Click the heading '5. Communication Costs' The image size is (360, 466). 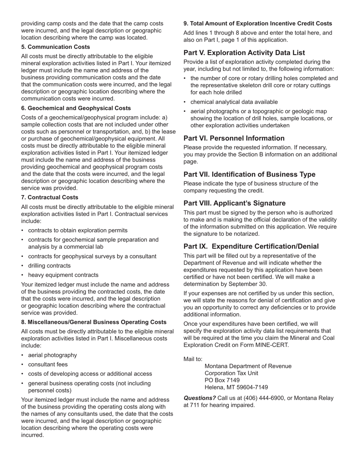[56, 47]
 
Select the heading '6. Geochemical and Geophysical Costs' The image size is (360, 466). [76, 108]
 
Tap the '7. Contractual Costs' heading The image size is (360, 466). [50, 197]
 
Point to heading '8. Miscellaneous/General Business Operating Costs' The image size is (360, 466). [94, 322]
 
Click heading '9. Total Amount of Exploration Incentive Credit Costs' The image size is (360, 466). [258, 23]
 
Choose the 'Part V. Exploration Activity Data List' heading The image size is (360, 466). [244, 53]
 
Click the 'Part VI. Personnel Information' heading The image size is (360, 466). [234, 138]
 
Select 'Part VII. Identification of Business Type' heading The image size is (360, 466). [249, 174]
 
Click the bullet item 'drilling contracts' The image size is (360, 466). [49, 266]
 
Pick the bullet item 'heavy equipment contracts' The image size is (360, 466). [63, 275]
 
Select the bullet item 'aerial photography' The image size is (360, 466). [52, 355]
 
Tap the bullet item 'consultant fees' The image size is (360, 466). [48, 364]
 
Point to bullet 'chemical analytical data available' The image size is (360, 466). [234, 102]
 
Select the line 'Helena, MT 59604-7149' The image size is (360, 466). [236, 387]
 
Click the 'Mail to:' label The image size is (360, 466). [193, 359]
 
